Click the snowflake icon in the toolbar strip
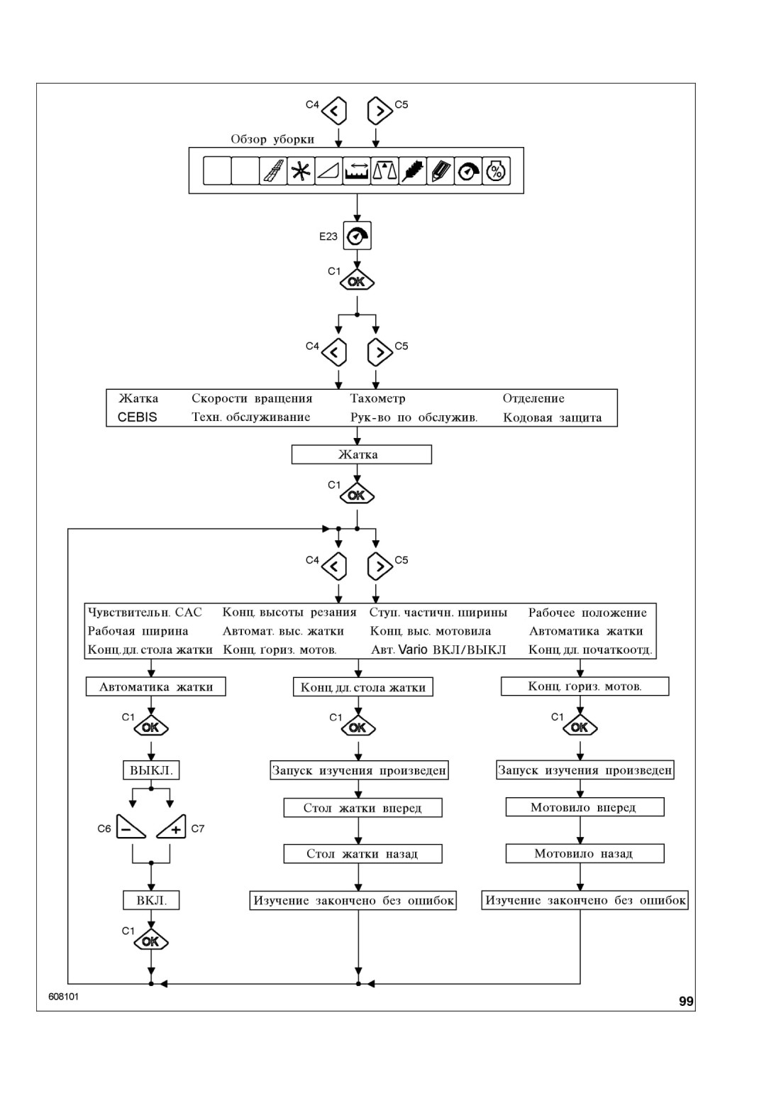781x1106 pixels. click(301, 171)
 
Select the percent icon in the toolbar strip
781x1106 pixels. click(496, 171)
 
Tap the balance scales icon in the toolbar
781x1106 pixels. click(384, 171)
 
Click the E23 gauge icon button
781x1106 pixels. click(358, 236)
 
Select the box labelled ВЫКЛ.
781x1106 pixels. click(151, 770)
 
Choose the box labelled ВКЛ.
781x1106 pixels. click(151, 901)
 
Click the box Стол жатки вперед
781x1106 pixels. click(362, 809)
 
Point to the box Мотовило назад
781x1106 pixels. click(585, 854)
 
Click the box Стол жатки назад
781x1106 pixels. click(362, 854)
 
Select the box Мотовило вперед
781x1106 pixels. click(585, 808)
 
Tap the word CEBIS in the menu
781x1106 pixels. click(137, 417)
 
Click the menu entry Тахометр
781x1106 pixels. click(377, 399)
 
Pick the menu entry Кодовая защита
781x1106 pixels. click(552, 418)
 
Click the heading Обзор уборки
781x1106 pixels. click(272, 140)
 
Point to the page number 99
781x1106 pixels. click(686, 1002)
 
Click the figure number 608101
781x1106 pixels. click(63, 997)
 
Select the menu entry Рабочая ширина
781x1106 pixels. click(138, 632)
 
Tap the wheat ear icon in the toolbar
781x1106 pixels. click(412, 171)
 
